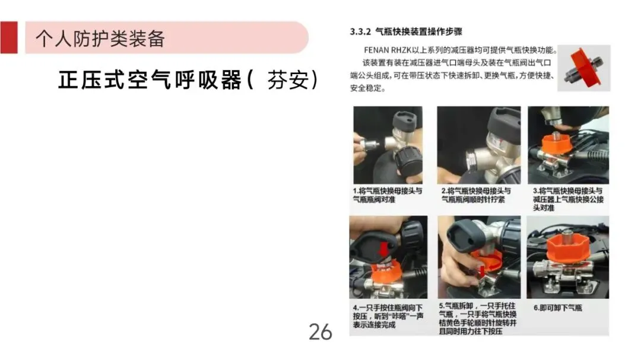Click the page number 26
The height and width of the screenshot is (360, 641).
coord(320,332)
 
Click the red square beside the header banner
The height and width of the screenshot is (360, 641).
coord(9,37)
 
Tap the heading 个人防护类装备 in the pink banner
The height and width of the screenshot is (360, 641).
coord(100,39)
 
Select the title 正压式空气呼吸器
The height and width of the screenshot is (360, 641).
coord(150,79)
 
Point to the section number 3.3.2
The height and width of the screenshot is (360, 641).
coord(360,32)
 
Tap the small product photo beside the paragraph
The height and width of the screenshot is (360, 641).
coord(584,68)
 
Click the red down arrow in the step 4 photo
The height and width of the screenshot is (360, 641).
coord(383,249)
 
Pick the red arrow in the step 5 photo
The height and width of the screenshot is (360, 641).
coord(483,270)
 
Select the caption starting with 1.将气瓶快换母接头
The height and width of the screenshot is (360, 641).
coord(388,195)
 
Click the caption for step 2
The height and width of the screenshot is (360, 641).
coord(476,195)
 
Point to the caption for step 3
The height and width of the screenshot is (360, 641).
coord(568,199)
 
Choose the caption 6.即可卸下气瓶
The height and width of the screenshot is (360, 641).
coord(557,308)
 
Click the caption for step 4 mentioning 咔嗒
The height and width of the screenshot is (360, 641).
coord(388,316)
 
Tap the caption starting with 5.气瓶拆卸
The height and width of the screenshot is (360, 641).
coord(477,318)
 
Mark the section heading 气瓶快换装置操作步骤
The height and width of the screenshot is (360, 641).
coord(418,32)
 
